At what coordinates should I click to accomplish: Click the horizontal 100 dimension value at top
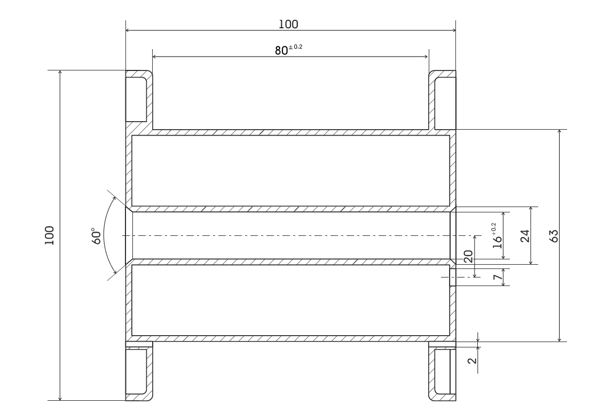click(288, 25)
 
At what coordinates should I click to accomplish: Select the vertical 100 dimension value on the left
click(49, 235)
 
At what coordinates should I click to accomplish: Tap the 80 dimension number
click(281, 51)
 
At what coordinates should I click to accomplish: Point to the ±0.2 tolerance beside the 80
click(296, 47)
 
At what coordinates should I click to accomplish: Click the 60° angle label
click(97, 236)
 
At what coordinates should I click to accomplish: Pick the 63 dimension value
click(554, 236)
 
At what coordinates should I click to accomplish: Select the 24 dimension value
click(524, 236)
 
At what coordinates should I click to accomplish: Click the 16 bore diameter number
click(498, 241)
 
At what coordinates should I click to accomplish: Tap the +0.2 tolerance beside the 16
click(494, 228)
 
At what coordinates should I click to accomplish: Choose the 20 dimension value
click(468, 256)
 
